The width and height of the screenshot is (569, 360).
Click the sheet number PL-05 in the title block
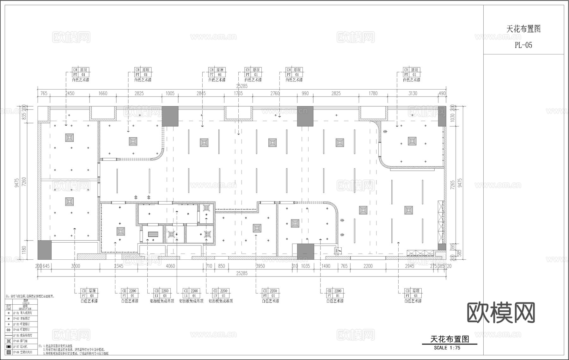click(523, 45)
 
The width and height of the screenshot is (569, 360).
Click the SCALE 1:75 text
click(447, 348)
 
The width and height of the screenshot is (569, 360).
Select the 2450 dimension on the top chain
click(70, 93)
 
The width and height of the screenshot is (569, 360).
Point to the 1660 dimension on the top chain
click(103, 93)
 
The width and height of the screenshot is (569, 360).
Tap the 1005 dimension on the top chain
click(170, 93)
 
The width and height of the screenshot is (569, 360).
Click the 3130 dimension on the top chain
click(413, 93)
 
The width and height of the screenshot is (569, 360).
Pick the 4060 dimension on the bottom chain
click(170, 266)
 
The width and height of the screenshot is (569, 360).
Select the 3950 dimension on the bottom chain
click(260, 266)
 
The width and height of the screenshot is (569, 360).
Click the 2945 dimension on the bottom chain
click(409, 266)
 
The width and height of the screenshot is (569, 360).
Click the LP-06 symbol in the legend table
click(9, 341)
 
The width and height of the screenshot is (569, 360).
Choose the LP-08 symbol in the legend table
click(9, 352)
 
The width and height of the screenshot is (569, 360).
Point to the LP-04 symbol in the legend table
click(9, 330)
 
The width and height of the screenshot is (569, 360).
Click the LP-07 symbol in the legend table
click(9, 347)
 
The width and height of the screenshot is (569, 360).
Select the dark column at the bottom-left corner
click(45, 250)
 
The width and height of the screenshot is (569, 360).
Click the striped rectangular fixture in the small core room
click(153, 234)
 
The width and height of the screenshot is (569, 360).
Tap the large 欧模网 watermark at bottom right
click(501, 313)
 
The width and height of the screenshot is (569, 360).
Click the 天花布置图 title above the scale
click(450, 339)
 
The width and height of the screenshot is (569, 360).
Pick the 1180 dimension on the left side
click(24, 250)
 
